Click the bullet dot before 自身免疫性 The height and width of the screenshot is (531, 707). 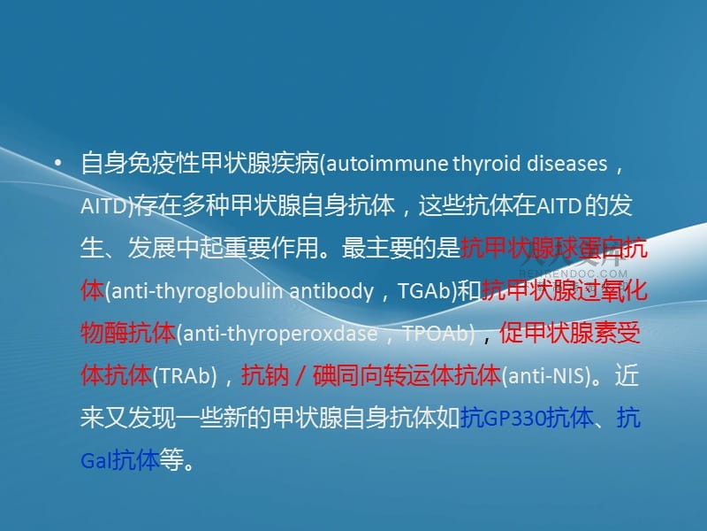pyautogui.click(x=58, y=164)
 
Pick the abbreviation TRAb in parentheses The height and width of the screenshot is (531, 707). pyautogui.click(x=185, y=376)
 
